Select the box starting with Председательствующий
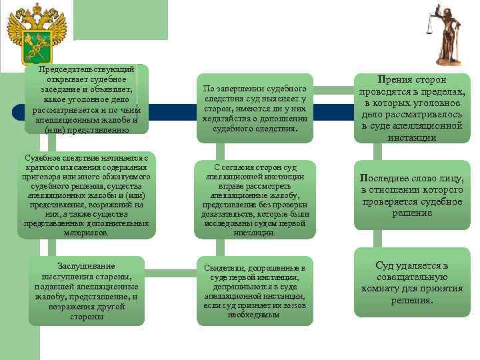(x=87, y=99)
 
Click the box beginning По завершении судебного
(x=255, y=108)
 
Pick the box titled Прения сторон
(x=411, y=108)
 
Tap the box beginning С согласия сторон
(x=255, y=199)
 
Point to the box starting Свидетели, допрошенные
(x=255, y=291)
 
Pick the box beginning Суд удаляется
(x=411, y=283)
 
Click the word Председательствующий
(x=87, y=69)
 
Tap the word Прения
(x=393, y=78)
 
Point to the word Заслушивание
(x=86, y=265)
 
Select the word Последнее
(x=385, y=179)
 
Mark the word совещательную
(x=411, y=277)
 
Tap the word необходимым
(x=254, y=314)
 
